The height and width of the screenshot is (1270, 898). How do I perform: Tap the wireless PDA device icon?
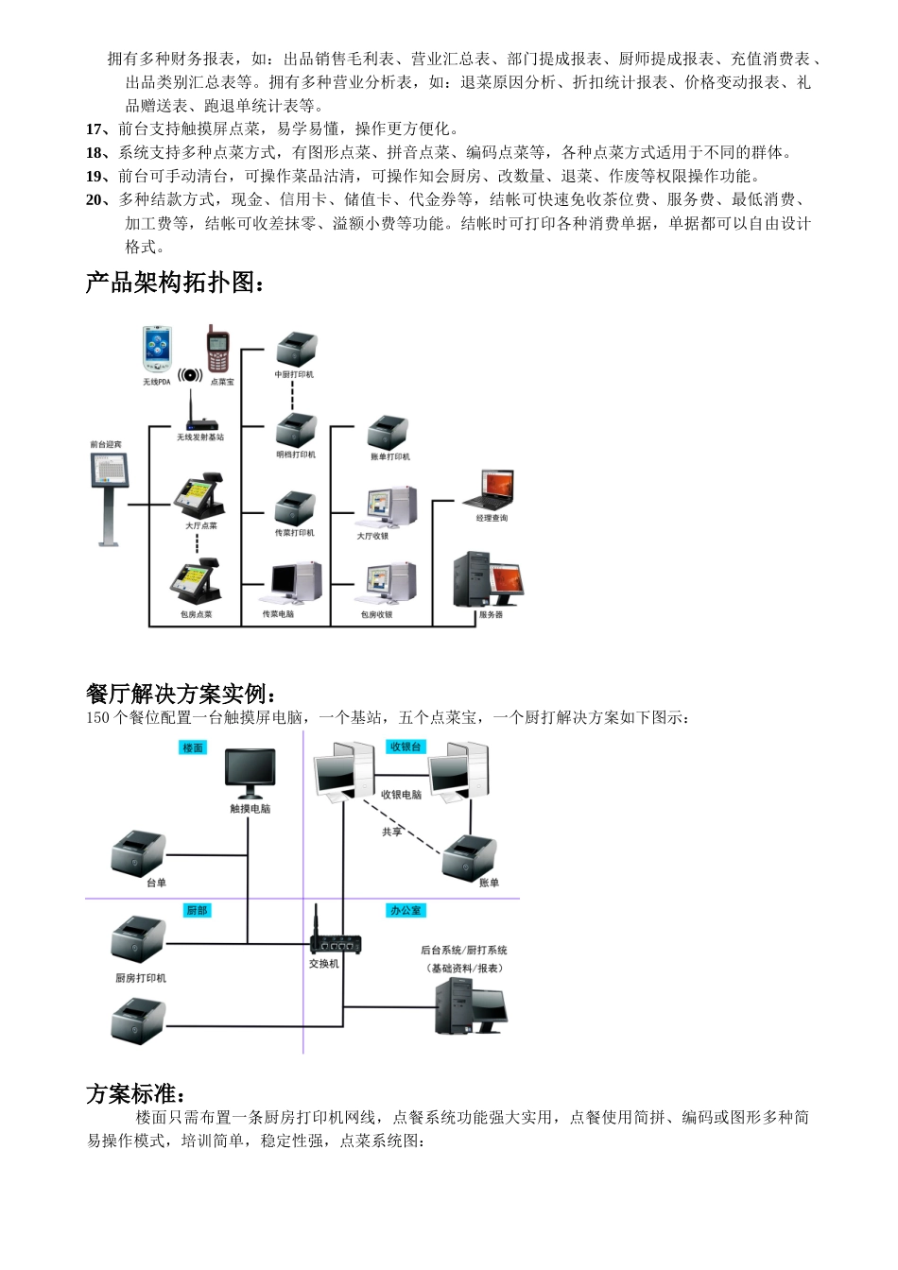(x=157, y=350)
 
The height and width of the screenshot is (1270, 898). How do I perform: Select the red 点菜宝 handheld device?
(x=219, y=349)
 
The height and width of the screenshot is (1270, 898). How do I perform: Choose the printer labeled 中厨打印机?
(x=295, y=350)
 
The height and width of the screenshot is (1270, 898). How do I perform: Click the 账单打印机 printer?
(x=389, y=433)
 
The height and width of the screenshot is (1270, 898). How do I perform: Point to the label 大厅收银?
(x=372, y=537)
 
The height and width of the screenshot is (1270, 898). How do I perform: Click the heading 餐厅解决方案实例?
(x=181, y=695)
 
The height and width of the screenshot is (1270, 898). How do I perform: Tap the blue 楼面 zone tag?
(x=193, y=747)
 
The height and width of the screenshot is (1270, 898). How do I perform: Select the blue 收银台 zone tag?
(x=406, y=747)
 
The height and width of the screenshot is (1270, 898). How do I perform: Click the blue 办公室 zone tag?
(x=406, y=910)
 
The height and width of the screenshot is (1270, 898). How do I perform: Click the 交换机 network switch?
(x=334, y=942)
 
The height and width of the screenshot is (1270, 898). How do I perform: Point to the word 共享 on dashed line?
(x=392, y=832)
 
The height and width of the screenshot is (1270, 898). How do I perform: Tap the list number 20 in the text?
(x=95, y=199)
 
